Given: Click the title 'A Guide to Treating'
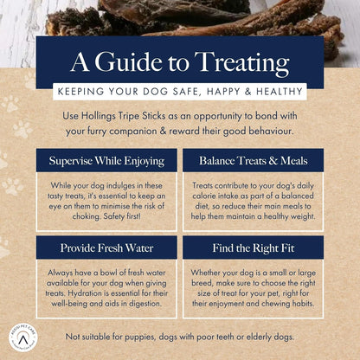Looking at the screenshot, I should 179,63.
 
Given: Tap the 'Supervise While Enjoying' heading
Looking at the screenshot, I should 102,160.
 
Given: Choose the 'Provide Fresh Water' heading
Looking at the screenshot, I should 102,248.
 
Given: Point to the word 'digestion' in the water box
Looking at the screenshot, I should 146,306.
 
